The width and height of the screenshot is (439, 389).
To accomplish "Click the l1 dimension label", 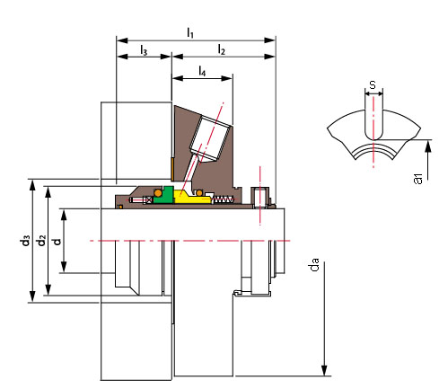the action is pyautogui.click(x=190, y=32).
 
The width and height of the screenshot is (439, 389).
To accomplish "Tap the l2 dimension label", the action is pyautogui.click(x=221, y=49).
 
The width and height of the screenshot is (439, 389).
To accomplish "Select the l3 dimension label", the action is pyautogui.click(x=144, y=50).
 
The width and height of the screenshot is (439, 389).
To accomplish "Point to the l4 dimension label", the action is pyautogui.click(x=202, y=71).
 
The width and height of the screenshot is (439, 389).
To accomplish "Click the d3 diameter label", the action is pyautogui.click(x=26, y=241).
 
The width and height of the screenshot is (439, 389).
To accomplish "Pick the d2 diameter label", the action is pyautogui.click(x=41, y=241).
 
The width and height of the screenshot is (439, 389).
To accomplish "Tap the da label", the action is pyautogui.click(x=315, y=265).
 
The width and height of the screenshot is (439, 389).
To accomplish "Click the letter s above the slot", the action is pyautogui.click(x=373, y=85).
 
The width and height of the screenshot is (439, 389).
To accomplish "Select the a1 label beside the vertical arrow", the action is pyautogui.click(x=417, y=179).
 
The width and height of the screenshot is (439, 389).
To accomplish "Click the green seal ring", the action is pyautogui.click(x=164, y=195).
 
